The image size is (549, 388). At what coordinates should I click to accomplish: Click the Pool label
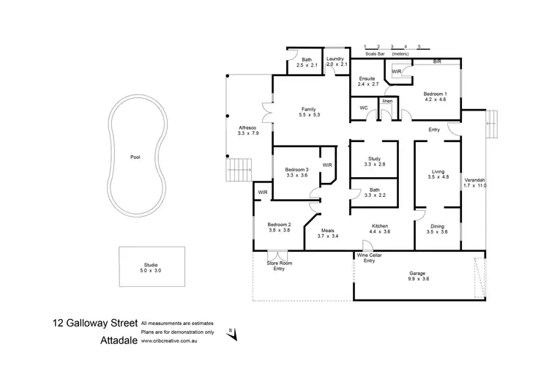135,157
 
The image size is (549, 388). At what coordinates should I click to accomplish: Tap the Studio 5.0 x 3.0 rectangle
151,267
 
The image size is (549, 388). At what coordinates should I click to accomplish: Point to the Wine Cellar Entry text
370,258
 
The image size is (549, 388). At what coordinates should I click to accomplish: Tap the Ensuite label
367,79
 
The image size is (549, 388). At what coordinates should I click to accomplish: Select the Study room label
374,159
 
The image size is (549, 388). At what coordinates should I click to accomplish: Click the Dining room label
437,226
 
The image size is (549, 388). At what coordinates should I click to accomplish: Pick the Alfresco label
249,129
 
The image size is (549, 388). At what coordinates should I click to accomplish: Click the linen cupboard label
387,100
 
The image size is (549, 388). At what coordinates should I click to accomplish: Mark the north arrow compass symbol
235,334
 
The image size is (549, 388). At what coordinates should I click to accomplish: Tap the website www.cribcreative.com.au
178,340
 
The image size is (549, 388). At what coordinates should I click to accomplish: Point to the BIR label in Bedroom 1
437,62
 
